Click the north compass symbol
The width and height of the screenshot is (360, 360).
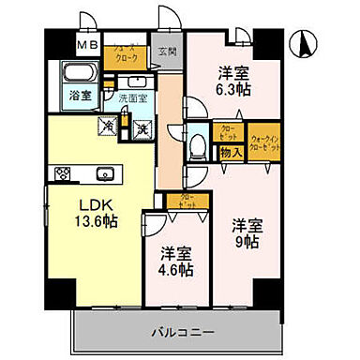click(x=307, y=42)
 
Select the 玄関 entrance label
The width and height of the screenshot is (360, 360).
click(x=168, y=52)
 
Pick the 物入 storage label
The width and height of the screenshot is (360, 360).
click(x=232, y=152)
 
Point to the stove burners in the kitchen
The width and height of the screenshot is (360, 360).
click(x=64, y=172)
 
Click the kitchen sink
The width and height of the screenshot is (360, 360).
click(x=104, y=172)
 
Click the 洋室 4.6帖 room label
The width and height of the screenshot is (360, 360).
click(x=173, y=261)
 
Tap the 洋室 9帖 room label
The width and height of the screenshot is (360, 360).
click(x=246, y=232)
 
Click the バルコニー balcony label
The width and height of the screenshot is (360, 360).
click(x=184, y=331)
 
